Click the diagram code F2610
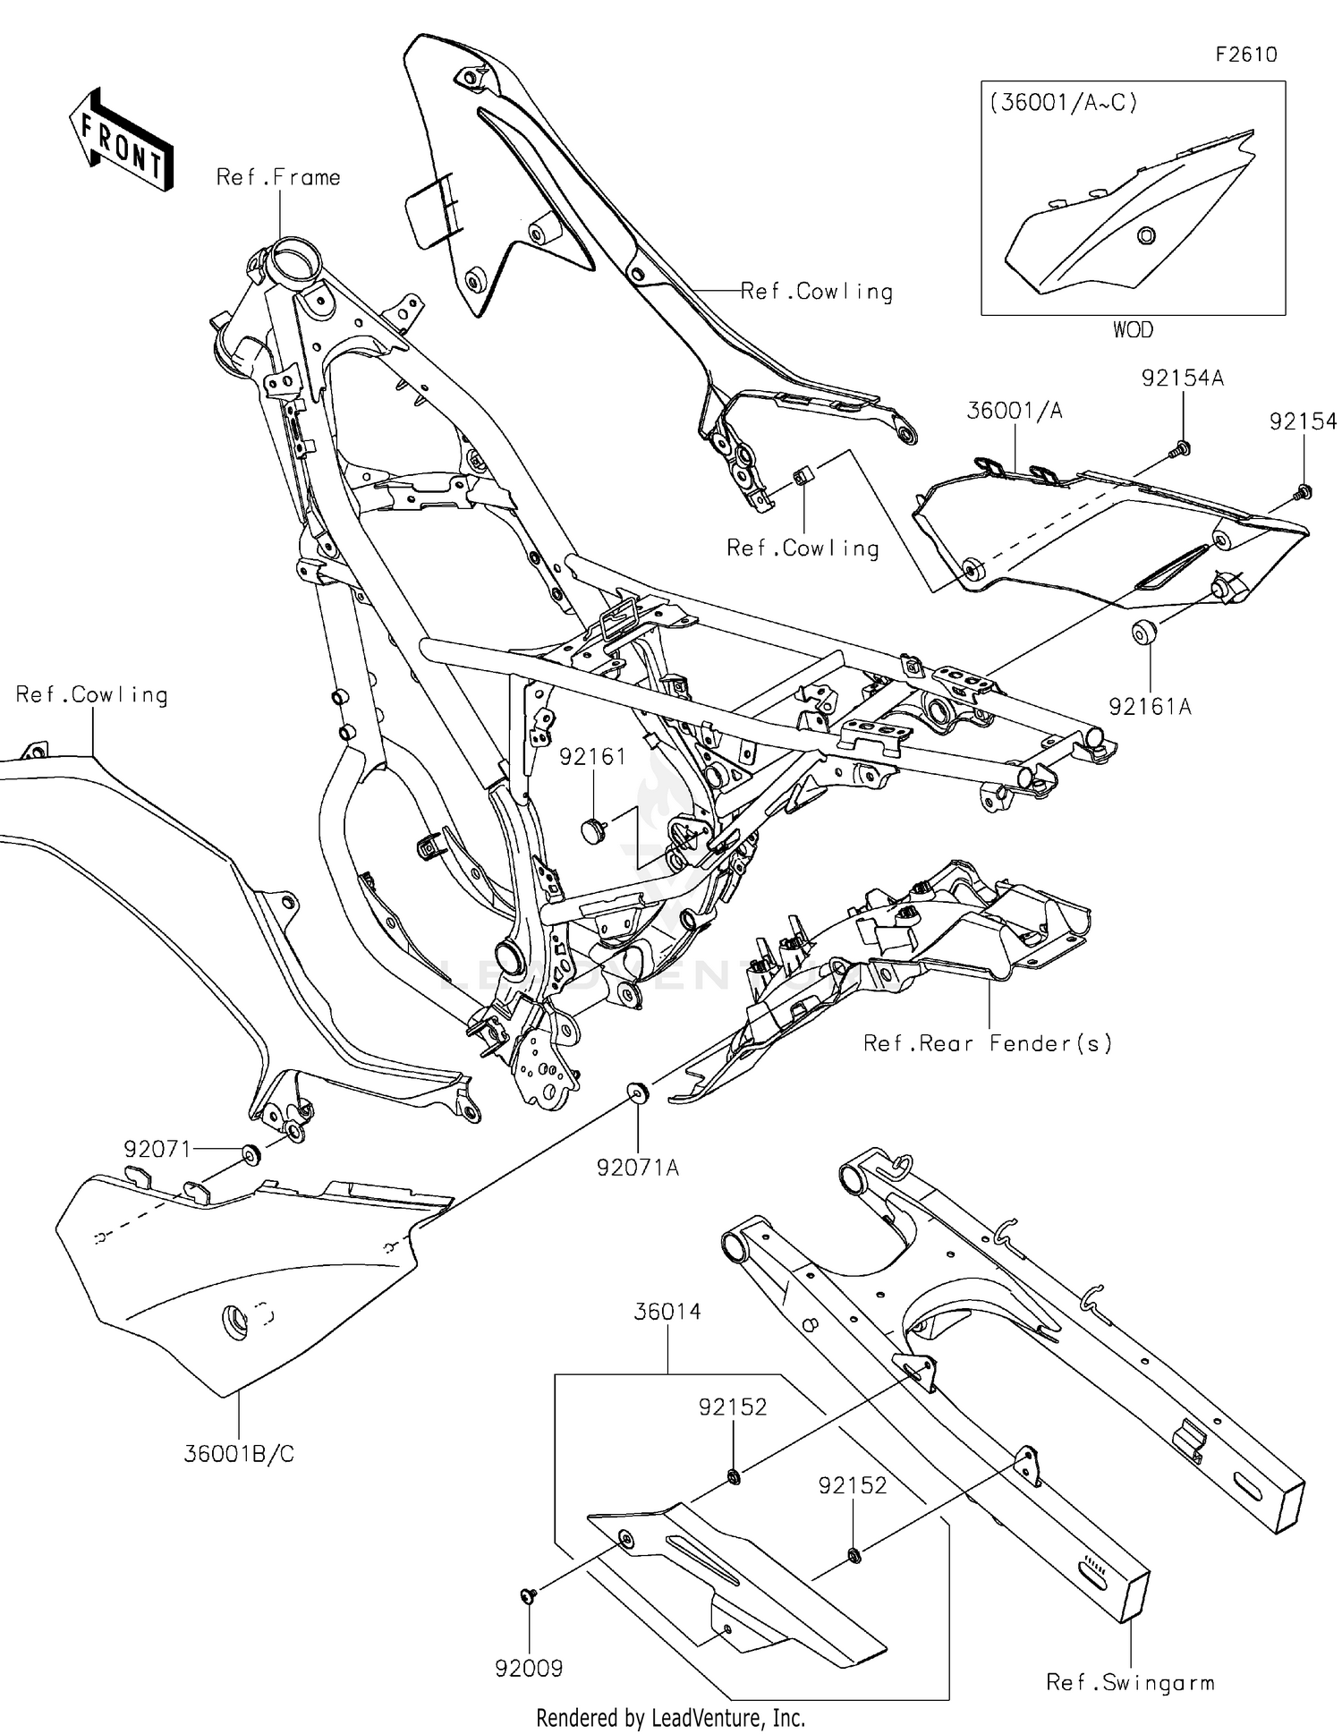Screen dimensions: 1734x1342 (x=1245, y=55)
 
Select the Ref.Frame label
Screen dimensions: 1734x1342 (x=278, y=177)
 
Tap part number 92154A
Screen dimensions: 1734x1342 (x=1182, y=378)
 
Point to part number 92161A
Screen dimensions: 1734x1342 (x=1150, y=707)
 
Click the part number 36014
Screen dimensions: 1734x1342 (x=667, y=1312)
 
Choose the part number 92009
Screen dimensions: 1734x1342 (x=529, y=1668)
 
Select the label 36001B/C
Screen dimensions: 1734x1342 (x=239, y=1454)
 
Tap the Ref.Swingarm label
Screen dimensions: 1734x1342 (x=1130, y=1683)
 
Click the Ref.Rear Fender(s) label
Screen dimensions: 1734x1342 (x=988, y=1043)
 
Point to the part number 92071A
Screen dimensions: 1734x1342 (x=638, y=1168)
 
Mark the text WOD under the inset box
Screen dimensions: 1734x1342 (x=1133, y=330)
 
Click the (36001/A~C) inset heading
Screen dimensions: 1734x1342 (x=1063, y=103)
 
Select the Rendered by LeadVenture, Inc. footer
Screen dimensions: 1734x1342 (x=670, y=1717)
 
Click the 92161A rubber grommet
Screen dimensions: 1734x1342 (x=1142, y=633)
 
